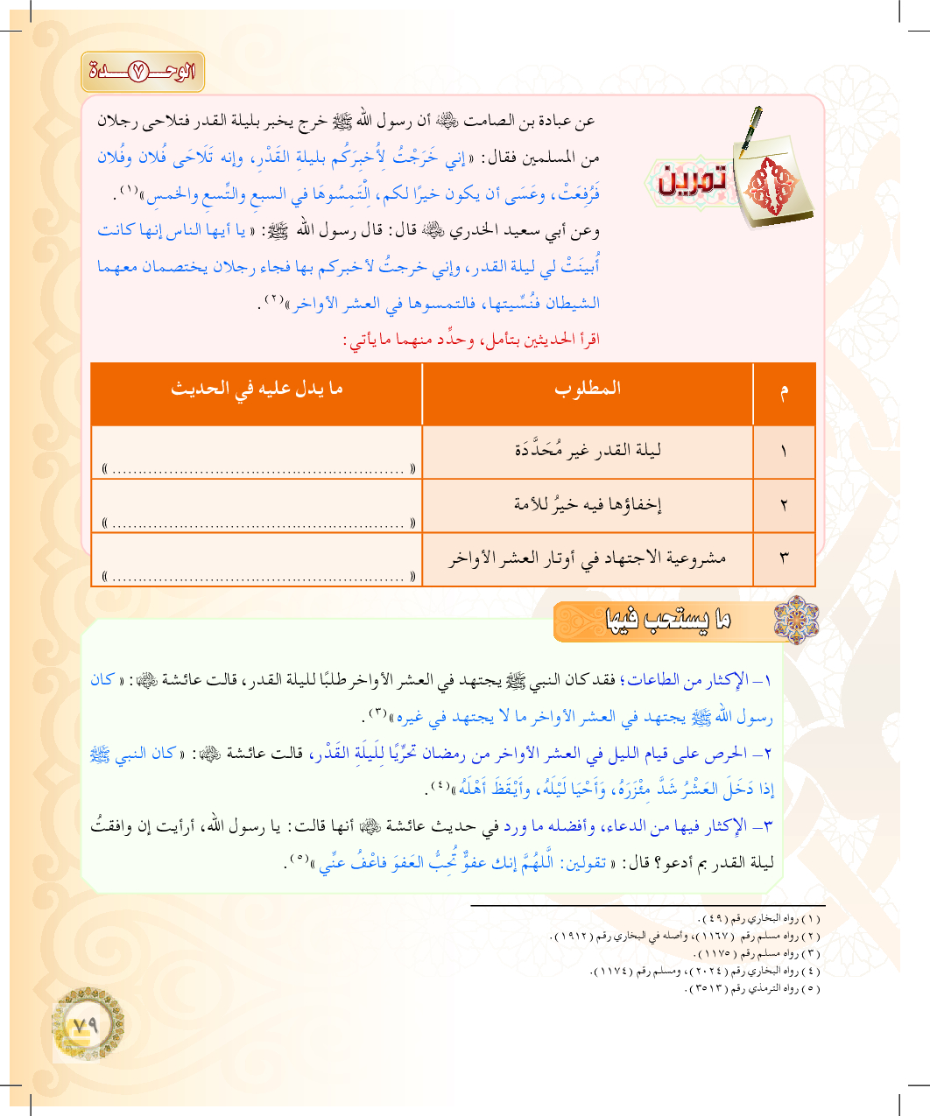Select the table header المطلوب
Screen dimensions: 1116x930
(587, 389)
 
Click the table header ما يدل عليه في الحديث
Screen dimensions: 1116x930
(257, 389)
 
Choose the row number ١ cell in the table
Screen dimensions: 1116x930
(784, 452)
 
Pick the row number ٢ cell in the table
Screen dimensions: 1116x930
(784, 505)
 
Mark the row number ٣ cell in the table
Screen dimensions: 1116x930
(784, 558)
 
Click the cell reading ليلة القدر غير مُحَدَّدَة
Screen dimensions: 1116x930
(587, 451)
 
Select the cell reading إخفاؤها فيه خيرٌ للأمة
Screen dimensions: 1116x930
(587, 504)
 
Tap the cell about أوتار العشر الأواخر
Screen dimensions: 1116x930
(587, 558)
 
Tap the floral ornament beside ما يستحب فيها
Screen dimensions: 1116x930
(796, 621)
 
